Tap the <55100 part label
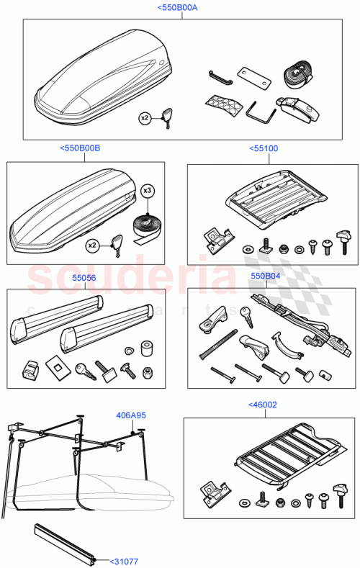point(264,148)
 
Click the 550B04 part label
point(264,275)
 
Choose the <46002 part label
point(263,405)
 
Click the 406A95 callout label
point(131,415)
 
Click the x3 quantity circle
point(148,191)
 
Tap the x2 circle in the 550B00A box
point(145,117)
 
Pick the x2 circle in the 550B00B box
point(93,245)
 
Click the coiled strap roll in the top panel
point(296,73)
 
